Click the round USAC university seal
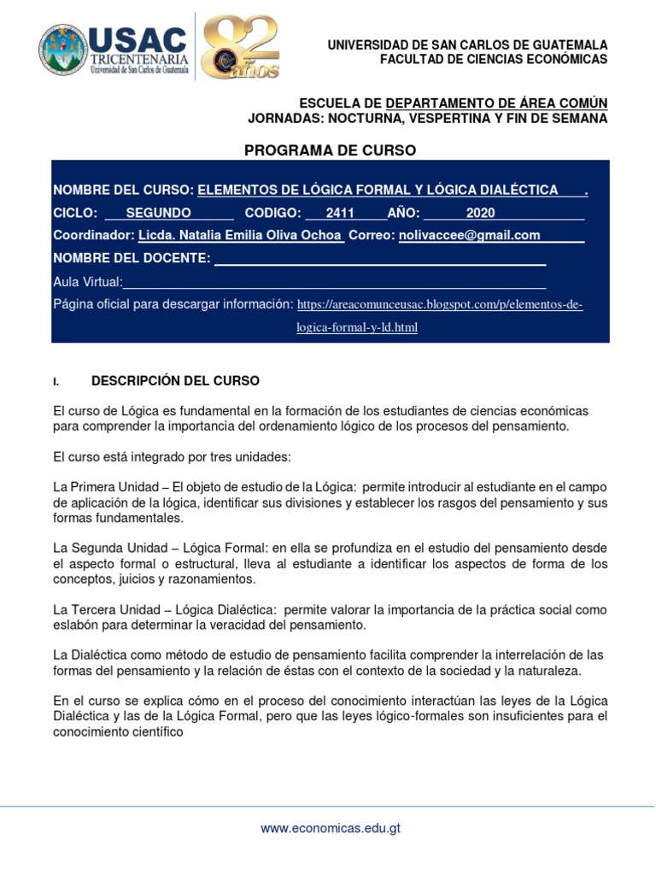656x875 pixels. pos(63,48)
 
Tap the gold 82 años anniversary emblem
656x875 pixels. pos(241,47)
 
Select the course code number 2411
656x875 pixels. pos(340,213)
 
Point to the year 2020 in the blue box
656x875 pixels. pos(481,213)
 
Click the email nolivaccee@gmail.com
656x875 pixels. pos(469,235)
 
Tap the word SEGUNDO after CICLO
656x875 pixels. pos(158,213)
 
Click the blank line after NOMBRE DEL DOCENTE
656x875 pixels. pos(379,258)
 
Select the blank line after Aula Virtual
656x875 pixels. pos(334,282)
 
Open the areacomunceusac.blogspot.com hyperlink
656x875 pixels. pos(440,304)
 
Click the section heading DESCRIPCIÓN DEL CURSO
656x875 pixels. pos(175,380)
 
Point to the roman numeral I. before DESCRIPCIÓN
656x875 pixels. pos(56,381)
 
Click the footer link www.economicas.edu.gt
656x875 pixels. pos(331,828)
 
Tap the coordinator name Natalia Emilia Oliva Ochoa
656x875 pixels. pos(240,235)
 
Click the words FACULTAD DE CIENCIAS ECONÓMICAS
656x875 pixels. pos(494,59)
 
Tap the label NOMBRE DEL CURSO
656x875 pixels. pos(123,190)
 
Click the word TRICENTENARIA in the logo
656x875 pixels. pos(140,59)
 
